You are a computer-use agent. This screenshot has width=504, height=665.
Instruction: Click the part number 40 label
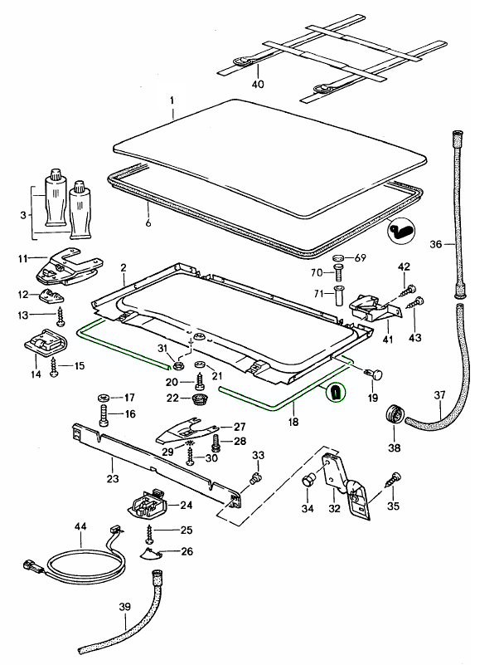[258, 84]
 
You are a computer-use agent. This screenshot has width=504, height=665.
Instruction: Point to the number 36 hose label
[437, 245]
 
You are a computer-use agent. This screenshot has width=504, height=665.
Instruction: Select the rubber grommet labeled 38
[391, 413]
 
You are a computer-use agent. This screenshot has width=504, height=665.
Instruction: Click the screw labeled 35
[393, 478]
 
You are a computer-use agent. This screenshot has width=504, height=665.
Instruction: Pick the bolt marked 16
[103, 414]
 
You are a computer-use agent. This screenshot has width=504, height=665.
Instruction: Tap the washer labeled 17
[104, 397]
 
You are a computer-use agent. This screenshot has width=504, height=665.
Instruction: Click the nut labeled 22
[199, 399]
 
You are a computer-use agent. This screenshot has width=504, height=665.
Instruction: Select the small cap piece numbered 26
[153, 554]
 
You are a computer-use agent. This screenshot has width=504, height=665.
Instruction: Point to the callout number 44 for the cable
[80, 527]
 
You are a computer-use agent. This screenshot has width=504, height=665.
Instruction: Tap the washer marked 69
[338, 258]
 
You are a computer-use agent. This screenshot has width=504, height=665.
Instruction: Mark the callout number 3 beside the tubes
[22, 214]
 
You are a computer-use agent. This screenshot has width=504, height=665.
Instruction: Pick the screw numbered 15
[56, 366]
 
